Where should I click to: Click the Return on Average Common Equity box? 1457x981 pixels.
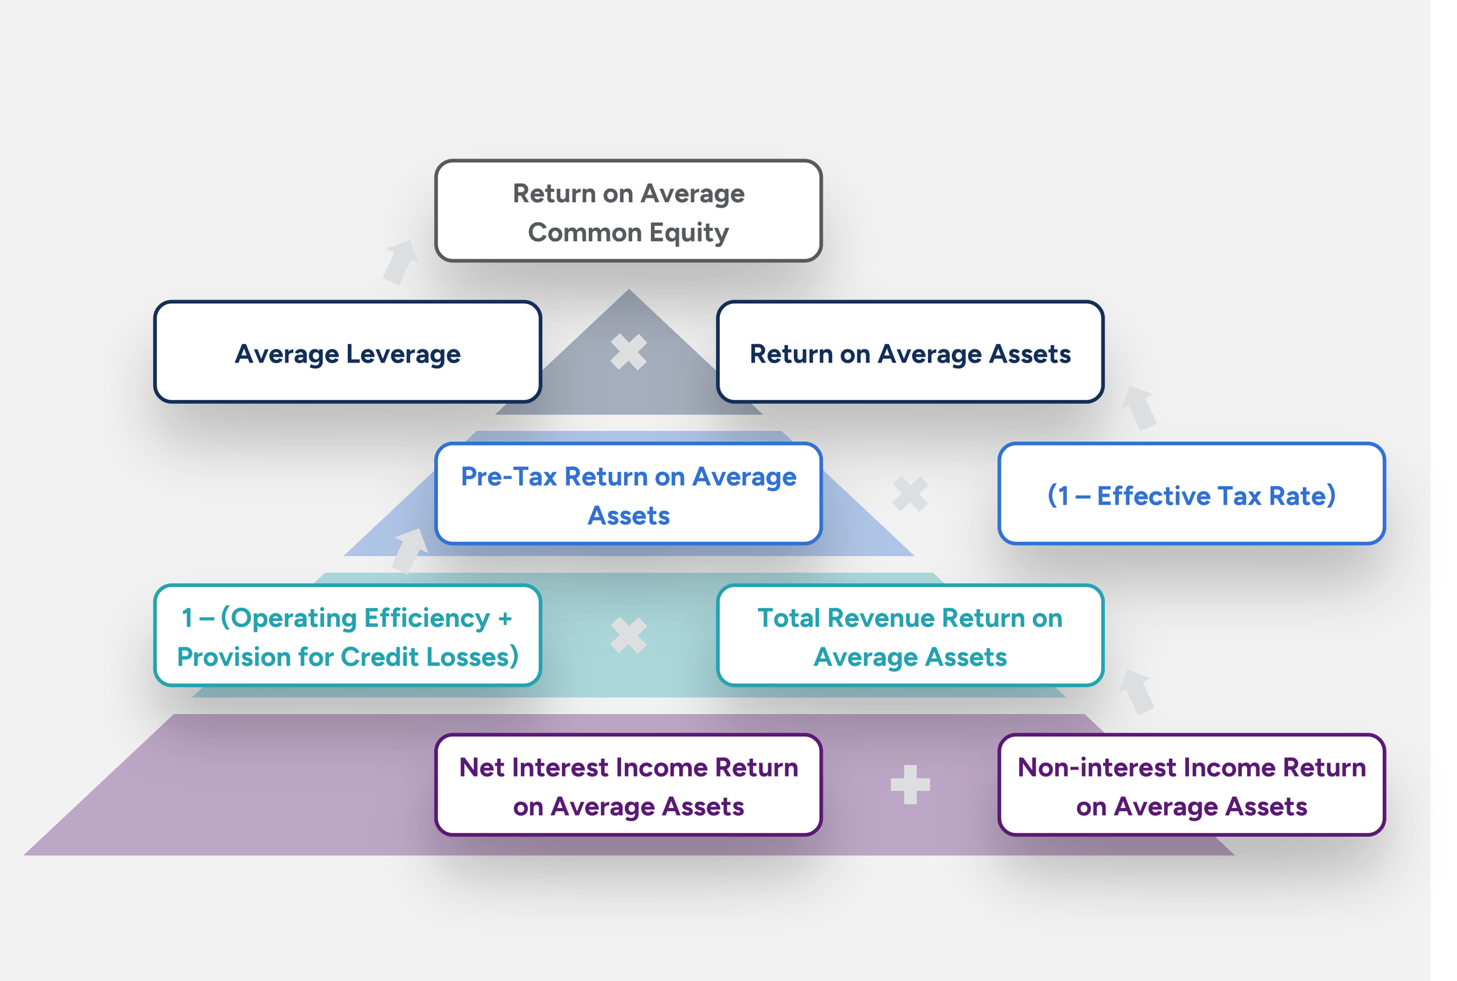628,211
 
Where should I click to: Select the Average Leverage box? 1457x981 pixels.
347,352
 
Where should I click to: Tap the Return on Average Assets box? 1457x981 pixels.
910,352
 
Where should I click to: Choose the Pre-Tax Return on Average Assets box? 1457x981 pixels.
628,494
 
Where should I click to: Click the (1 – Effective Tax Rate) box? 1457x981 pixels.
1191,494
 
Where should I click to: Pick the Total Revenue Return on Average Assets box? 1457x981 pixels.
910,636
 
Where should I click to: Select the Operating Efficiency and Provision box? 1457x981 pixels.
347,636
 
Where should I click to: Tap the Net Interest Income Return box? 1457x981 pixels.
628,785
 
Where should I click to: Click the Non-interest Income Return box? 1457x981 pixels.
1191,785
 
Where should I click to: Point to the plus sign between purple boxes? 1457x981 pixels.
910,785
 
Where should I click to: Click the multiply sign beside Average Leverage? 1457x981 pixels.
628,352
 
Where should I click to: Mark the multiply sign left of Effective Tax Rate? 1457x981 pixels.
910,494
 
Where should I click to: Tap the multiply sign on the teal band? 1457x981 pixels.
628,635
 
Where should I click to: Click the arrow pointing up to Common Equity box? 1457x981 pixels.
401,262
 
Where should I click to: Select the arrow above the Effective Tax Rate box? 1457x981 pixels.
1139,408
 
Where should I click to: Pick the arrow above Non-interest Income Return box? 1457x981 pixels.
1137,692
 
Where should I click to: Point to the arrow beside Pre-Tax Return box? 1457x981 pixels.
410,550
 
